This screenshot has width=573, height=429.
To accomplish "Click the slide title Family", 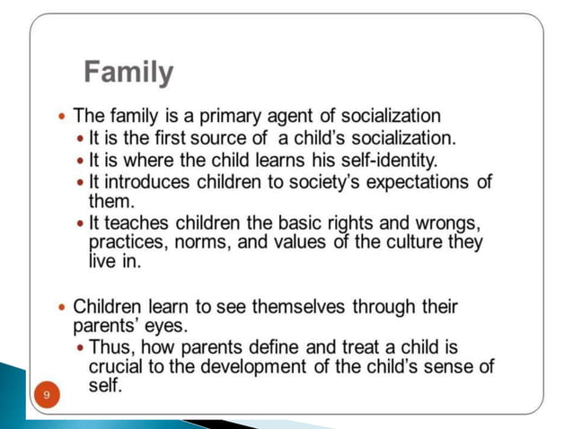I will (x=128, y=73).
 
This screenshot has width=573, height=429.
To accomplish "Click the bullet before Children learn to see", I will (x=61, y=307).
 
